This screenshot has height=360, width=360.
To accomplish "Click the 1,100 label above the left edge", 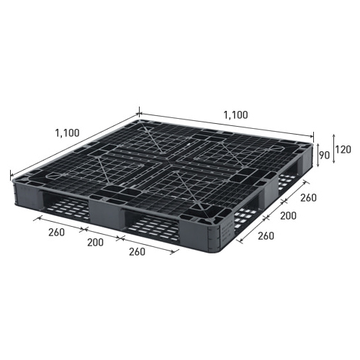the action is coord(67,132).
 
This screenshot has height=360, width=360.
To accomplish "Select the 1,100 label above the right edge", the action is coord(235,115).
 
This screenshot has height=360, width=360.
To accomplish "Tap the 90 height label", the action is coord(325,156).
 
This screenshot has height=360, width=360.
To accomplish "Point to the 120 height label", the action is coord(343,150).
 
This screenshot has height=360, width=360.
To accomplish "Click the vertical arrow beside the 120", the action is coord(333,149).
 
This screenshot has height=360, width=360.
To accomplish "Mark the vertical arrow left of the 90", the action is coord(318,156).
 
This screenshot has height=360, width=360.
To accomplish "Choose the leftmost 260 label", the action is coord(56,233).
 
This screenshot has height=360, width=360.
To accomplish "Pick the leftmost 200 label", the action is coord(95,243).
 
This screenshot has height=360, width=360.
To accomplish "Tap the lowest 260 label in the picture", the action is coord(137,252).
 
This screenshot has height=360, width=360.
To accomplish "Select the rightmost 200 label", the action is coord(288,216).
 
